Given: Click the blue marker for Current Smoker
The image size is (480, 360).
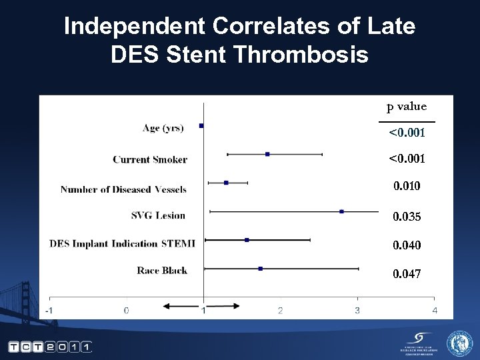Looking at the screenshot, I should tap(267, 154).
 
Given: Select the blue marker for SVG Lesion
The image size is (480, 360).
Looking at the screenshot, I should tap(342, 211).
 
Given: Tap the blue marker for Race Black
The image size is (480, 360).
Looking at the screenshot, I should tap(261, 269).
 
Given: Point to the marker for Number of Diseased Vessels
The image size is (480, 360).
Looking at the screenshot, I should tap(226, 183).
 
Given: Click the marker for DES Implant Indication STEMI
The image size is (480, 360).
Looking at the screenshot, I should tap(247, 239).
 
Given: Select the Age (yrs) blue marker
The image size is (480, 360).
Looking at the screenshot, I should tap(201, 125).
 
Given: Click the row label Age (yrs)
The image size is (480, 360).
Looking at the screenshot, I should tap(163, 128).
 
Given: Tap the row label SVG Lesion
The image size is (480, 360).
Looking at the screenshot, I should tap(158, 215).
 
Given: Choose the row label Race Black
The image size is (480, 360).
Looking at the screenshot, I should tap(162, 270).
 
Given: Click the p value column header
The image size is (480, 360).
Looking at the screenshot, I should tap(407, 107).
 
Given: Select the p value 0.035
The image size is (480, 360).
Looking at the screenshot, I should tap(407, 217).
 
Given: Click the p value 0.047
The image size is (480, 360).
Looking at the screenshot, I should tap(407, 274).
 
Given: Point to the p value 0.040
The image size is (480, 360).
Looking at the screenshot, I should tap(407, 245).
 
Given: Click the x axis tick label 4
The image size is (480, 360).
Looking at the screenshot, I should tap(435, 310).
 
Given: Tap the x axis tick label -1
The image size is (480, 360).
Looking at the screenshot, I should tap(49, 310).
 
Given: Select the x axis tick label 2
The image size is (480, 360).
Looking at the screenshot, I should tap(280, 310).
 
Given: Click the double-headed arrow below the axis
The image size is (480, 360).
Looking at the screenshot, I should tap(201, 305).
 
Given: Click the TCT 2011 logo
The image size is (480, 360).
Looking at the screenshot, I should tap(50, 347).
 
